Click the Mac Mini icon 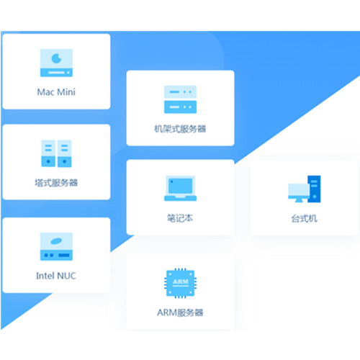[56, 63]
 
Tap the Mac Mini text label [56, 92]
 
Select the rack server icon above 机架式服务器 [180, 99]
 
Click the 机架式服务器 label [180, 129]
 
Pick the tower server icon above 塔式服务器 [56, 153]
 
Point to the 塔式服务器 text [56, 183]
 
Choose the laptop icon [180, 188]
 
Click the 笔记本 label [180, 218]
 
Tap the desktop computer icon [305, 189]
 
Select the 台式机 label [304, 219]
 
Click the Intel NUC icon [56, 246]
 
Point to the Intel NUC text [56, 276]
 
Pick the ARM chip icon [180, 283]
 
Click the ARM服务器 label [180, 312]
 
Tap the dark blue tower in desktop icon [314, 189]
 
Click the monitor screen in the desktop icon [299, 189]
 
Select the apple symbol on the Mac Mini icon [57, 58]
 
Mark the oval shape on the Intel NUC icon [56, 241]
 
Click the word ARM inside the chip [181, 282]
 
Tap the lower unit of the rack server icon [180, 107]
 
